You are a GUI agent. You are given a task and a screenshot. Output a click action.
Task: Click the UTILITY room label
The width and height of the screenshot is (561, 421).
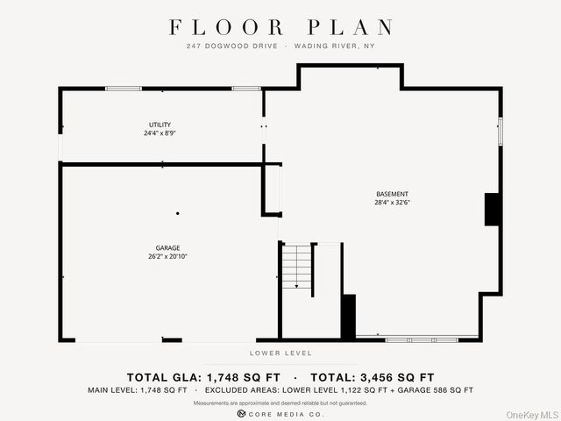click(160, 125)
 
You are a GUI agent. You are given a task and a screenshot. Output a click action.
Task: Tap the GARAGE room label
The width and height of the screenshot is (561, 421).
click(167, 247)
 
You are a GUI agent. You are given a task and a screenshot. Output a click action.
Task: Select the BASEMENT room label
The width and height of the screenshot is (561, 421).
click(392, 194)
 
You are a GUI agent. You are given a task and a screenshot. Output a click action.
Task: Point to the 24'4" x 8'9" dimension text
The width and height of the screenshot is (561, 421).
click(160, 133)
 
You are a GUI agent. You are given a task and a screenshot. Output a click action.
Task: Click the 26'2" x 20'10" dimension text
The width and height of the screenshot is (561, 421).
click(167, 256)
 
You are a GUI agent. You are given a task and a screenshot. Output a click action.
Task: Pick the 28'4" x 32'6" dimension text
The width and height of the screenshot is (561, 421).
click(392, 203)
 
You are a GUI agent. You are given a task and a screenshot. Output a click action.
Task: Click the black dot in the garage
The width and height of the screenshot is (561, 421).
click(177, 213)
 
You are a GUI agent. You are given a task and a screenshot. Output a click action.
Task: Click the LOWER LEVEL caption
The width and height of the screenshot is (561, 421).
click(280, 353)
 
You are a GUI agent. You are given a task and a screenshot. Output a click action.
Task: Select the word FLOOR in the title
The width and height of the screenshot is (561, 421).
click(226, 27)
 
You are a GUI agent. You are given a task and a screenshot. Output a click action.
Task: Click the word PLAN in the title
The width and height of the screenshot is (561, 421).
click(351, 27)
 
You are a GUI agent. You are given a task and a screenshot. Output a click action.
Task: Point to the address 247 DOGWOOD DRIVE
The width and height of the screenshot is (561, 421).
click(231, 46)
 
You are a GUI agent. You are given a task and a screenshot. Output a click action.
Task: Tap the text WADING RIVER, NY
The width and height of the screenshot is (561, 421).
click(335, 46)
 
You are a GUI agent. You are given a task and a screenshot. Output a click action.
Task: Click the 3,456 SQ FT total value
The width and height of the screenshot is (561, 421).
click(397, 377)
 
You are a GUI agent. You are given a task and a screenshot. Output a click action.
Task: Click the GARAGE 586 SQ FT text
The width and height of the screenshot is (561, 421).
click(435, 390)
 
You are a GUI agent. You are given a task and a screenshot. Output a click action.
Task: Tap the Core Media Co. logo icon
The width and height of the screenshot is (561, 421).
click(241, 414)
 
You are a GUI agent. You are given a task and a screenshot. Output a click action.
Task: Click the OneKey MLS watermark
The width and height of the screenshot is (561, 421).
click(532, 415)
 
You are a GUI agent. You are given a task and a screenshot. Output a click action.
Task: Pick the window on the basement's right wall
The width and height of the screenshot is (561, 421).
click(501, 132)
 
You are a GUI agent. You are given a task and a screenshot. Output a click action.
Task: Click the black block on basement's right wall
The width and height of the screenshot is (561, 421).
click(492, 210)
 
